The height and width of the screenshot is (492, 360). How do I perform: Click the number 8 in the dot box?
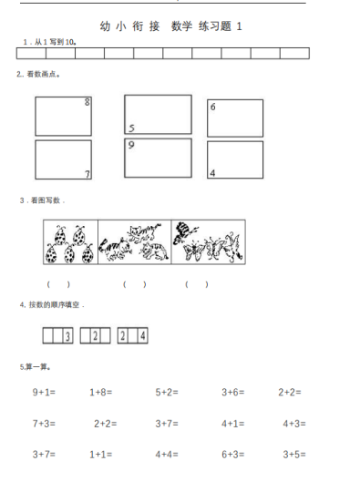87,102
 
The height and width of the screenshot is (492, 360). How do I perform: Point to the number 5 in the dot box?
131,128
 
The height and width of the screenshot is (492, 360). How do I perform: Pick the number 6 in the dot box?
213,108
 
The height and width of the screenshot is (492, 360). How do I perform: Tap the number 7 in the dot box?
87,173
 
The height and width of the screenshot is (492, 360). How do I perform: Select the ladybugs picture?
70,243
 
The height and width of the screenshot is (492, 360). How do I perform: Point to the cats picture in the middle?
135,242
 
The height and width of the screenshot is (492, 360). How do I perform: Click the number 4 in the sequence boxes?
143,336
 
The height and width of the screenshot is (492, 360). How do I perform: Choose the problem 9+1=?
45,393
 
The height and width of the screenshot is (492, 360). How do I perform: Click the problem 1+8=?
100,393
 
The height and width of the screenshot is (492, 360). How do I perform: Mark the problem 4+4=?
166,453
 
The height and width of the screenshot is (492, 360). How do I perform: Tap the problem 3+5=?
293,453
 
